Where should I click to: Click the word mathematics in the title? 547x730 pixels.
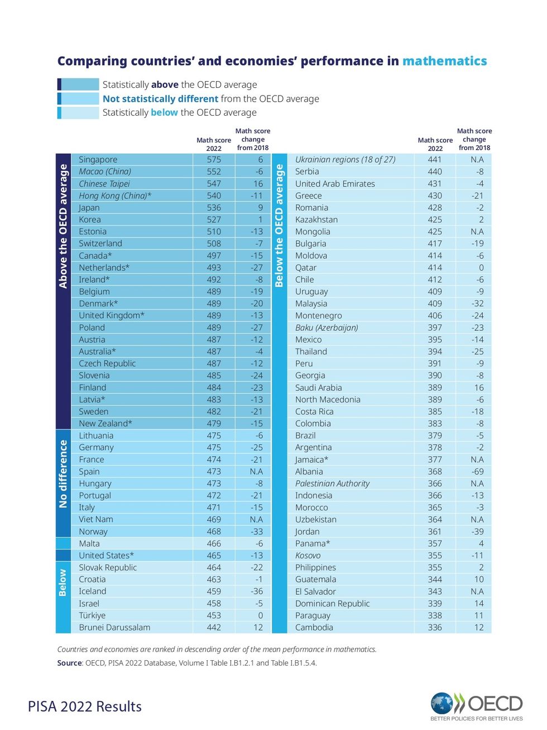pyautogui.click(x=444, y=61)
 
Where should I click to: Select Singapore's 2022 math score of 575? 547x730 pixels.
pyautogui.click(x=214, y=159)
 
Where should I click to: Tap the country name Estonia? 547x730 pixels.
pyautogui.click(x=93, y=231)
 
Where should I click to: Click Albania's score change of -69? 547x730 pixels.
pyautogui.click(x=477, y=471)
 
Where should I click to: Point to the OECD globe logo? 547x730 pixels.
pyautogui.click(x=442, y=704)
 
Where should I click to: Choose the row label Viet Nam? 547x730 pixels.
pyautogui.click(x=96, y=519)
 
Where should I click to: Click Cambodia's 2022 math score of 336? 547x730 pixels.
pyautogui.click(x=435, y=627)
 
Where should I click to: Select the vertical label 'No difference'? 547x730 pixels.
pyautogui.click(x=63, y=474)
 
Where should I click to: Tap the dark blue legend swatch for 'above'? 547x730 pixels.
pyautogui.click(x=78, y=84)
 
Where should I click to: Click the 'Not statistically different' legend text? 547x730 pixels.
pyautogui.click(x=160, y=98)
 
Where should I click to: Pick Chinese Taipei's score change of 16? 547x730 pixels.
pyautogui.click(x=258, y=183)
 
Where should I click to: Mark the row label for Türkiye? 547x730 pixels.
pyautogui.click(x=92, y=615)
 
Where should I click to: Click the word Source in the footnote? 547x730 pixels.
pyautogui.click(x=69, y=663)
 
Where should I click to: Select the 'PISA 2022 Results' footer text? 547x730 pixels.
pyautogui.click(x=85, y=707)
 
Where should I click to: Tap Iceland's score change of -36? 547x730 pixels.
pyautogui.click(x=256, y=591)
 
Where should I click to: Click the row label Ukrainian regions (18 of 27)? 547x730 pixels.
pyautogui.click(x=345, y=159)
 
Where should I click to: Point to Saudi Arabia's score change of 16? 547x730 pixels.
pyautogui.click(x=479, y=387)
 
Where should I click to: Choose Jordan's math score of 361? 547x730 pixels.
pyautogui.click(x=435, y=532)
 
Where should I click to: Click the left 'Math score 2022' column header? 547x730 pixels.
pyautogui.click(x=214, y=144)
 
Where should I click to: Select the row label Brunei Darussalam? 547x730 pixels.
pyautogui.click(x=114, y=627)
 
